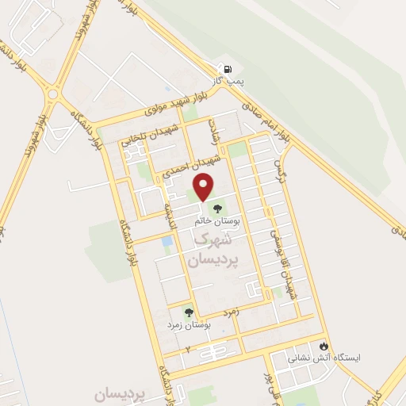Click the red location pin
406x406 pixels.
tap(205, 186)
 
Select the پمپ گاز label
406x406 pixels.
tap(224, 82)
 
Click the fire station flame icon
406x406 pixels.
tap(324, 346)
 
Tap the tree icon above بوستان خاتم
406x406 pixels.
tap(218, 209)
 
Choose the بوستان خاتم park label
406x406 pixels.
tap(218, 222)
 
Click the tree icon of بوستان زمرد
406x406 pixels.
tap(189, 312)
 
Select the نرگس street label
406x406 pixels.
tap(280, 168)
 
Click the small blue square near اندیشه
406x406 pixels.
tap(166, 243)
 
